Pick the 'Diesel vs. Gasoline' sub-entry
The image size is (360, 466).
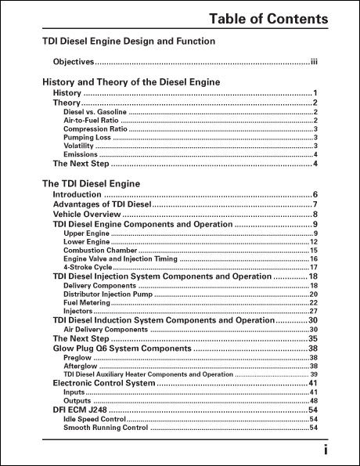tap(93, 112)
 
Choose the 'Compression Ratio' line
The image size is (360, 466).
tap(92, 129)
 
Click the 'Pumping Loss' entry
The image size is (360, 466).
tap(86, 138)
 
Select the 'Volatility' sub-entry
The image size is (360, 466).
tap(78, 146)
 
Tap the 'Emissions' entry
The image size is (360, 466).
tap(81, 154)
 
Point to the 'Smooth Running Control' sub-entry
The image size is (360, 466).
tap(106, 428)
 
